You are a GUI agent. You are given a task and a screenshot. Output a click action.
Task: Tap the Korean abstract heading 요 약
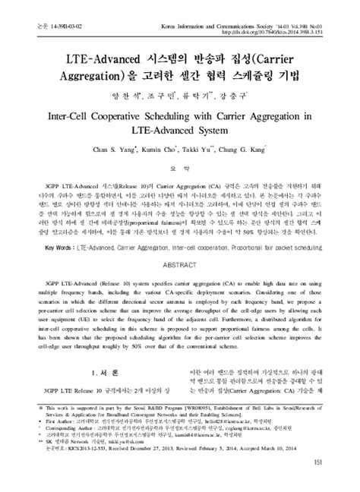[x=179, y=170]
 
